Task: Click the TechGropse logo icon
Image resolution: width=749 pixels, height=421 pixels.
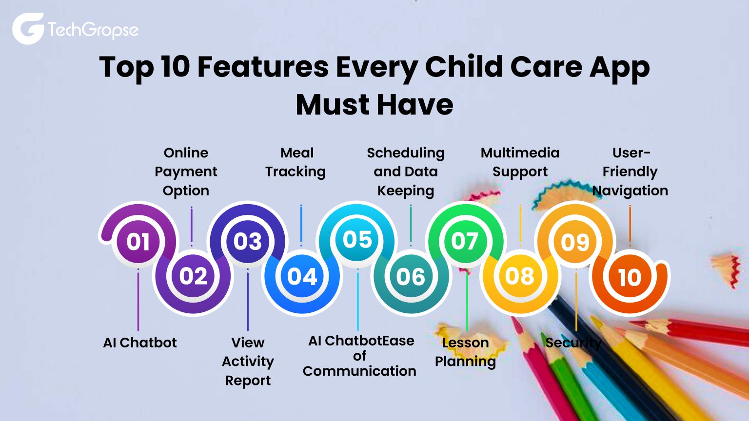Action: coord(28,29)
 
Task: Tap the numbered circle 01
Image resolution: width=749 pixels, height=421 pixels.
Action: coord(138,242)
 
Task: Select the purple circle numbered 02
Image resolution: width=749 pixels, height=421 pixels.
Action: coord(193,276)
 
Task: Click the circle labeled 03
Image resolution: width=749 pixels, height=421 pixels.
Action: coord(248,242)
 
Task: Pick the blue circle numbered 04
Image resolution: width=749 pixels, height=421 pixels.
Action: coord(302,277)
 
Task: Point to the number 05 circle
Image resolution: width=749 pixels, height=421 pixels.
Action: coord(357,240)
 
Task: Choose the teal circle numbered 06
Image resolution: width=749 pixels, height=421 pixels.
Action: coord(411,277)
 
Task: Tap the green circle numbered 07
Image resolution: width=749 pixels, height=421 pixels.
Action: coord(465,241)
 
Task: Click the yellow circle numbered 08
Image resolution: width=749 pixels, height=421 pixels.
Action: coord(520,276)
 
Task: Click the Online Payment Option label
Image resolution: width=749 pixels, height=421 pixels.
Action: coord(186,172)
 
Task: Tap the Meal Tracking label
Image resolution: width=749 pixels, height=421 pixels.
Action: coord(296,162)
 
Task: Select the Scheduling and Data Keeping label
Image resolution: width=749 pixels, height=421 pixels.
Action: coord(406,172)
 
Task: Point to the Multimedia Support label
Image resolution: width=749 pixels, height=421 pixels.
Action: coord(520,162)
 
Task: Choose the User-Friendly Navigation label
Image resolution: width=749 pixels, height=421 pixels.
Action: coord(630,172)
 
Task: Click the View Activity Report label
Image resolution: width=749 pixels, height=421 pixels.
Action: coord(248,361)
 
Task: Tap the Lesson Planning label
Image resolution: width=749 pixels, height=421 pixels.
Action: coord(465,352)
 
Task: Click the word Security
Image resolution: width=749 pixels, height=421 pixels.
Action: coord(573,343)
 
